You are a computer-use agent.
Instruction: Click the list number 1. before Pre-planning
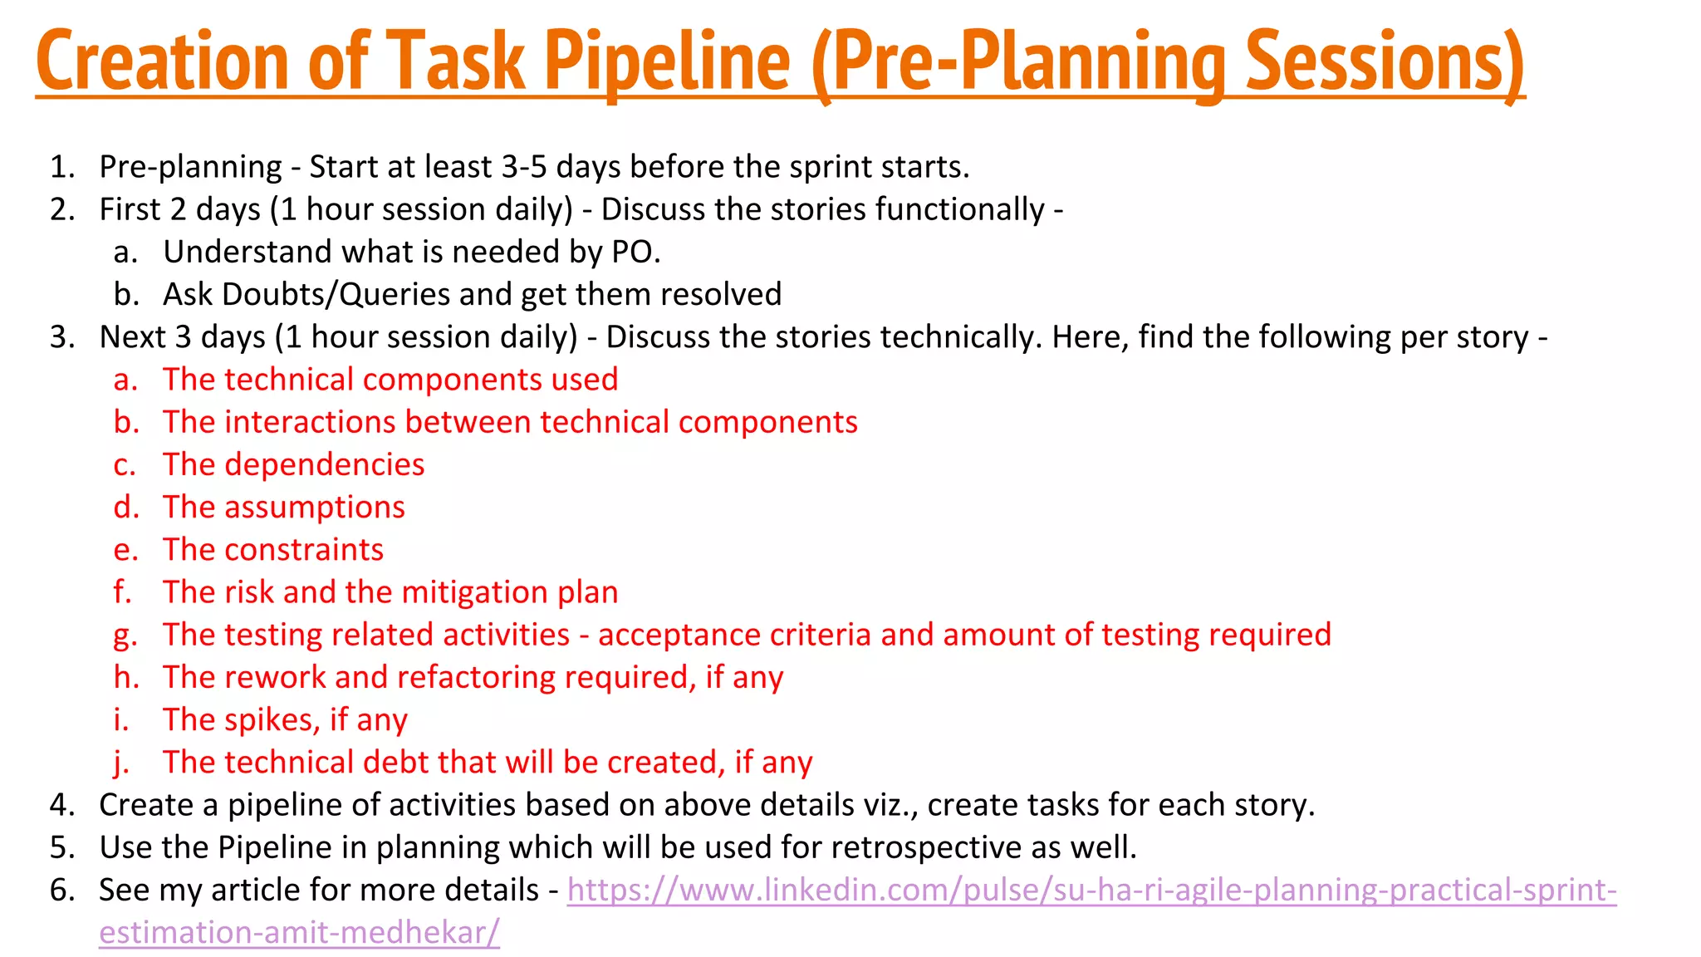point(62,167)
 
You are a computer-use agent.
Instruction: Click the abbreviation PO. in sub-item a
point(636,252)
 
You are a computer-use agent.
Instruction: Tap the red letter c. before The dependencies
point(125,464)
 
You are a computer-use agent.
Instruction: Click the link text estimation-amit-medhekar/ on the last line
point(299,933)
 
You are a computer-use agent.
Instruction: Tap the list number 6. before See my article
point(62,891)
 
